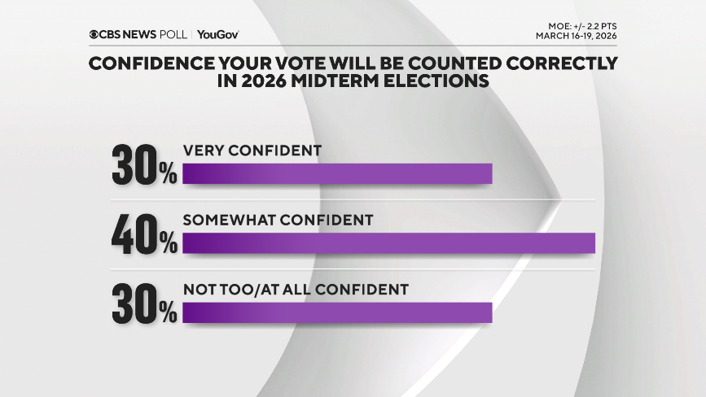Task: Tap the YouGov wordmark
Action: coord(217,34)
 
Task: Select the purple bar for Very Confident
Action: coord(337,174)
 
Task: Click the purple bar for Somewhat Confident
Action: coord(388,243)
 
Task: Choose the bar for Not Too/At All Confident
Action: coord(337,312)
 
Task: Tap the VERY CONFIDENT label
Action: coord(252,151)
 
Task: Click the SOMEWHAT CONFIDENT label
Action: coord(278,220)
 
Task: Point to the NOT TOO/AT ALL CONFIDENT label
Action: coord(295,289)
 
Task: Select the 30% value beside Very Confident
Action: coord(143,167)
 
